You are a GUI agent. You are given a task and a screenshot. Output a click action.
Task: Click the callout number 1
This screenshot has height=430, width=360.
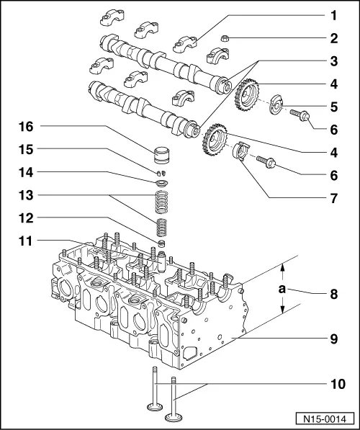333,16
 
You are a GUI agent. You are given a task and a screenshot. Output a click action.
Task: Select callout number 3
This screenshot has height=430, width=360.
333,61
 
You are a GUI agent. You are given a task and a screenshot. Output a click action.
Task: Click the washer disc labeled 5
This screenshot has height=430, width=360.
275,104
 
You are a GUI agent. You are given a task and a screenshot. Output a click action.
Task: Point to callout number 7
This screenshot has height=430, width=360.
333,198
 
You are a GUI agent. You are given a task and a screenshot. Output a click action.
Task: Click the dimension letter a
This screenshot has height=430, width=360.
282,289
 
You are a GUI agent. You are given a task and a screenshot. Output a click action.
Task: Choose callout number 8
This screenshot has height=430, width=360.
333,295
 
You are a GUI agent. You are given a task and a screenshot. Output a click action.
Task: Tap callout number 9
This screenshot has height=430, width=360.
333,339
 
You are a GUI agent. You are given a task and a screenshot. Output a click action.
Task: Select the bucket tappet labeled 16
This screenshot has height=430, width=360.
161,155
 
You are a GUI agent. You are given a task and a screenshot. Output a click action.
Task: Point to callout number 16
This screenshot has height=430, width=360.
26,127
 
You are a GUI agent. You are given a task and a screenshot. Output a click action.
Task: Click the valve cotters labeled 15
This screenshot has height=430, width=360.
161,173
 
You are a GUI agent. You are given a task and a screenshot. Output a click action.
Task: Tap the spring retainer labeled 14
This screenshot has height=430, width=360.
161,183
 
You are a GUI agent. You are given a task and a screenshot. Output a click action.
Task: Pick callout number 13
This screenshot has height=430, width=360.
26,195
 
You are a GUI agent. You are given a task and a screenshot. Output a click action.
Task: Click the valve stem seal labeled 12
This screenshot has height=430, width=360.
162,243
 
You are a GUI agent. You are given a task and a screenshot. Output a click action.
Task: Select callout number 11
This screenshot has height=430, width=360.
26,241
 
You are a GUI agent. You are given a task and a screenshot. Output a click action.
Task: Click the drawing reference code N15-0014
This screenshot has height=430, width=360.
325,419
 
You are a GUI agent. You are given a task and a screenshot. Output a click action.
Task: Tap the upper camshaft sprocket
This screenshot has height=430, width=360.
247,95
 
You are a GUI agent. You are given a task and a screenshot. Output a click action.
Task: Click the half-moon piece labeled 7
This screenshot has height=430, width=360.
240,151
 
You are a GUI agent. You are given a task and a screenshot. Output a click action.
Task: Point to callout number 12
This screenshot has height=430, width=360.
26,218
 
